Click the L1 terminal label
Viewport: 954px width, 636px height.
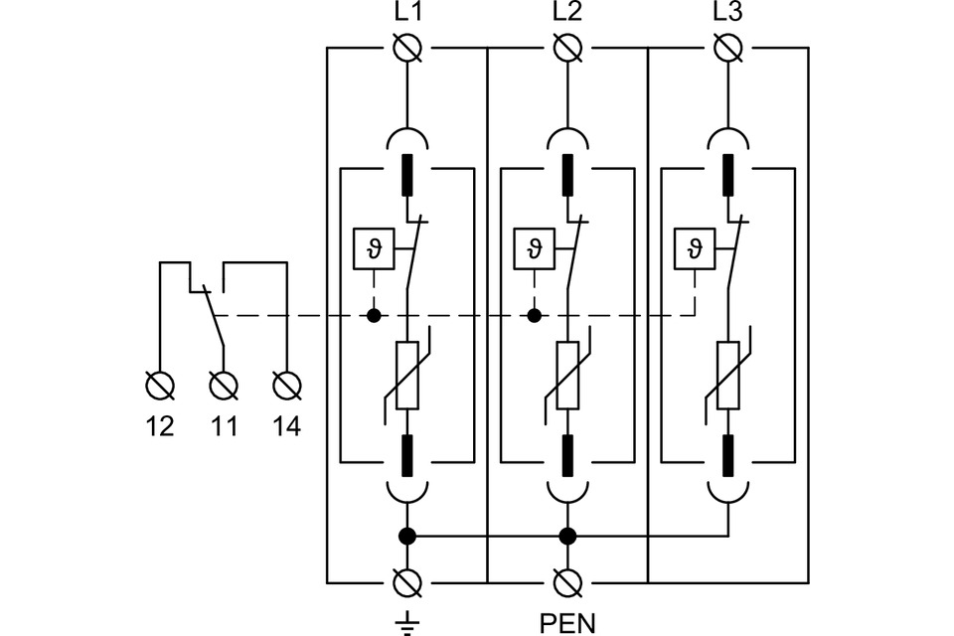pos(406,16)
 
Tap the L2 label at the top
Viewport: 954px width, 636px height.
pos(567,16)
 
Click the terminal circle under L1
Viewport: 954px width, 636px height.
pos(406,48)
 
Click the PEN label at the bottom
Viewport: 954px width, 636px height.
pos(567,623)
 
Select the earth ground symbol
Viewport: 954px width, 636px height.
pos(406,622)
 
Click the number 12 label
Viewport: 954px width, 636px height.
pos(159,427)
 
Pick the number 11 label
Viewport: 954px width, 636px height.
pos(224,427)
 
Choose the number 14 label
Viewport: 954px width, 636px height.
pos(286,427)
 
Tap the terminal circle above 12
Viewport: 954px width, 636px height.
pos(159,384)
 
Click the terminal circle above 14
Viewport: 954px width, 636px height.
pos(286,384)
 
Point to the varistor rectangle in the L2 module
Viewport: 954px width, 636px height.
pos(567,377)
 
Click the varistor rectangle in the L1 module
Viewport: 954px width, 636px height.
pos(406,377)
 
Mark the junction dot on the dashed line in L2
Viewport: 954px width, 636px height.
pos(535,316)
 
